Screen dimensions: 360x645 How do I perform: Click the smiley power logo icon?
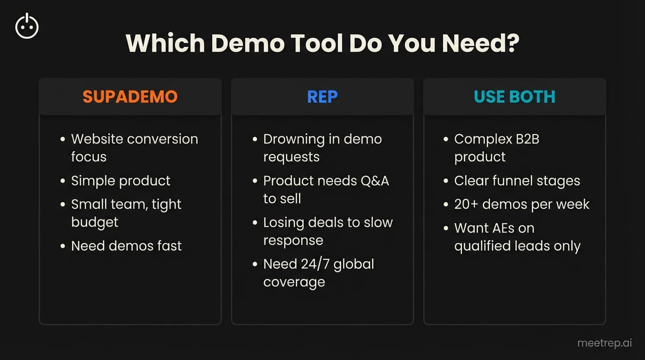(x=27, y=26)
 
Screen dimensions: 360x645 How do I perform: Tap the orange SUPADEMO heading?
(x=130, y=97)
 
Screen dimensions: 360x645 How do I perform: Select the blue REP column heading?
(x=322, y=97)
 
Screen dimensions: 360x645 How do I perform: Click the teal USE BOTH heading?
(x=514, y=97)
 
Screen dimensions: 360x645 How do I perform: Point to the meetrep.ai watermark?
(x=604, y=343)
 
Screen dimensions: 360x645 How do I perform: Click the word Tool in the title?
(x=315, y=44)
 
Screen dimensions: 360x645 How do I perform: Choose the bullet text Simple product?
(x=120, y=181)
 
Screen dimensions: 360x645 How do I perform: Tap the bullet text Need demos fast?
(x=126, y=246)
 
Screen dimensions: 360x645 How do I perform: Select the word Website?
(x=97, y=139)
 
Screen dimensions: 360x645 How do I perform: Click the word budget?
(x=95, y=222)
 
